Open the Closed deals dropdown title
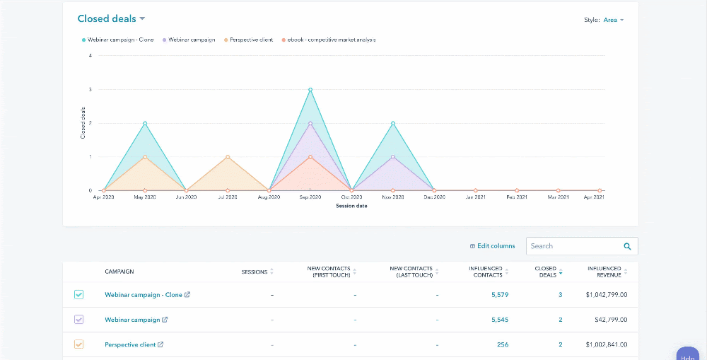(111, 18)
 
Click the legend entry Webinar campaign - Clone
(120, 40)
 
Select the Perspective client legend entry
(251, 40)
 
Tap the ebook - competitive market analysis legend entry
(331, 40)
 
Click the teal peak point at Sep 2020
(310, 90)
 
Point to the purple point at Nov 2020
(393, 157)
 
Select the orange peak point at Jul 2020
(228, 157)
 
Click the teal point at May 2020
(145, 123)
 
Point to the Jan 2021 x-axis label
(475, 197)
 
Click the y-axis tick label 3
(90, 90)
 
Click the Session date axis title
(351, 206)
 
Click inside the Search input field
(574, 246)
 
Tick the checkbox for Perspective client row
(78, 344)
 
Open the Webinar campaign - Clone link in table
(143, 295)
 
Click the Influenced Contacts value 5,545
(499, 320)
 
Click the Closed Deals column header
(547, 272)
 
